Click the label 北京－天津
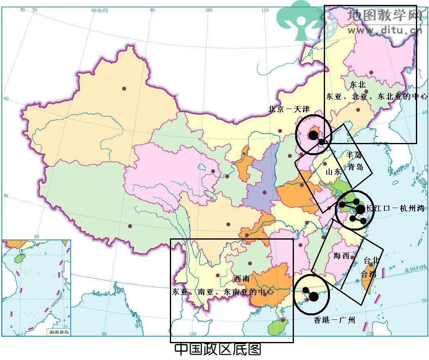tap(289, 109)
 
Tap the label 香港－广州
tap(334, 320)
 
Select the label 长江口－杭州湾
tap(395, 208)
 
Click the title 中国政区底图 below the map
tap(217, 349)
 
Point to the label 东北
tap(358, 85)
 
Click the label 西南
tap(242, 279)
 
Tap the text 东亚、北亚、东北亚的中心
tap(377, 97)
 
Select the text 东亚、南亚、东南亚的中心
tap(223, 292)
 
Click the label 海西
tap(341, 256)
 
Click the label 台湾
tap(368, 274)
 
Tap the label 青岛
tap(355, 167)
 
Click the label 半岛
tap(354, 155)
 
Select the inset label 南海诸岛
tap(59, 332)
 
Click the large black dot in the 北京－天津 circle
tap(314, 135)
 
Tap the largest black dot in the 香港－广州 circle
tap(314, 297)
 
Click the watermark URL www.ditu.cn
tap(384, 30)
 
